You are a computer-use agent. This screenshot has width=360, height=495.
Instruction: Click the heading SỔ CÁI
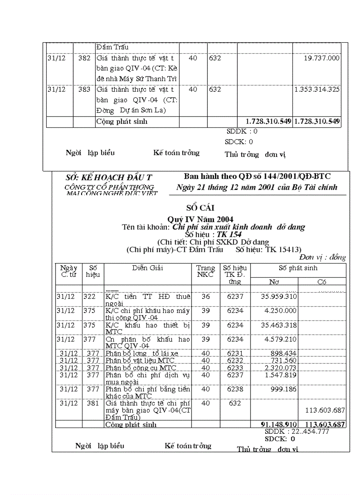pyautogui.click(x=200, y=208)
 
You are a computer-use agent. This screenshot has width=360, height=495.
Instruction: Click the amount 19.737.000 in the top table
pyautogui.click(x=322, y=58)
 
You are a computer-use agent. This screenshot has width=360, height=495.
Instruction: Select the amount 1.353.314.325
pyautogui.click(x=317, y=89)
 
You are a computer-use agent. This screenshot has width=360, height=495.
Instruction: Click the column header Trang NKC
pyautogui.click(x=206, y=271)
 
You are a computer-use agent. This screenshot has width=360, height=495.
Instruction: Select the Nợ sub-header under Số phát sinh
pyautogui.click(x=274, y=282)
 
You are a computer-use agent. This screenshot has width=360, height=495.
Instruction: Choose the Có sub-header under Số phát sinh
pyautogui.click(x=322, y=282)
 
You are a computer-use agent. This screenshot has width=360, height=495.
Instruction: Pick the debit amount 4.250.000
pyautogui.click(x=281, y=311)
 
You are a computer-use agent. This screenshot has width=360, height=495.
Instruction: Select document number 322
pyautogui.click(x=90, y=297)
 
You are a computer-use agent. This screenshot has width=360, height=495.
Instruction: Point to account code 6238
pyautogui.click(x=235, y=389)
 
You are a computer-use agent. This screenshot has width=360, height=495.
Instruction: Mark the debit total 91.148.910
pyautogui.click(x=279, y=424)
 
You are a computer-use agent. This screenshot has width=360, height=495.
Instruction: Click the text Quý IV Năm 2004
pyautogui.click(x=200, y=219)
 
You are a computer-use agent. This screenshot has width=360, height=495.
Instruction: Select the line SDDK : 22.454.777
pyautogui.click(x=296, y=432)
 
